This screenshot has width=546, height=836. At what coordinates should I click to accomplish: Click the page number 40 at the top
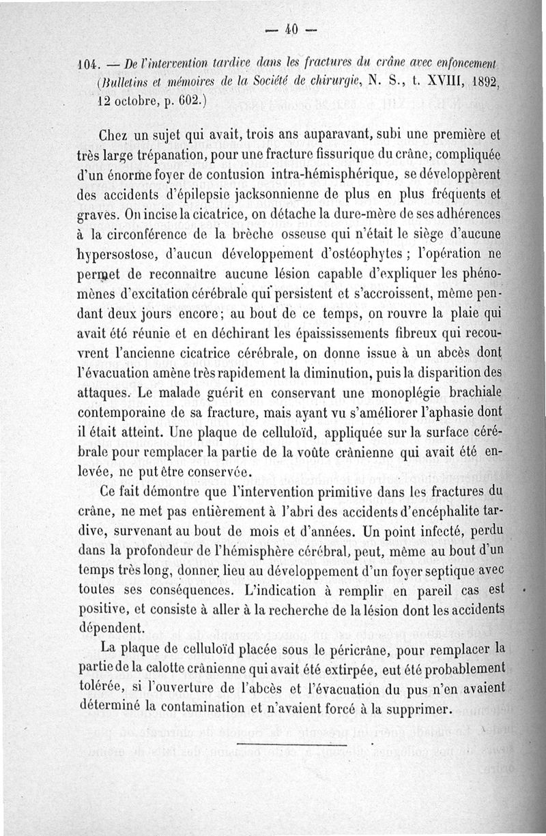click(292, 29)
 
